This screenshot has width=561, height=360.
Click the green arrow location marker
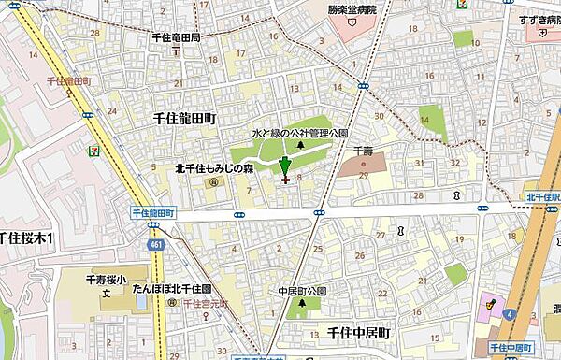tap(284, 167)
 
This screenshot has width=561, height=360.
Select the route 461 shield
tap(153, 245)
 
